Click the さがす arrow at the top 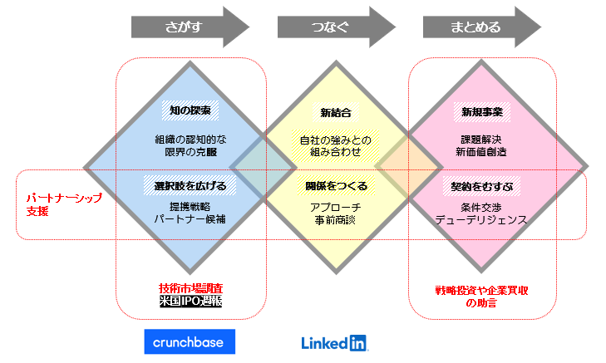pyautogui.click(x=190, y=27)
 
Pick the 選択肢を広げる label pyautogui.click(x=190, y=184)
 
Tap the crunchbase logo pyautogui.click(x=190, y=341)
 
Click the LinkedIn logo pyautogui.click(x=334, y=341)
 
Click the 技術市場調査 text pyautogui.click(x=190, y=288)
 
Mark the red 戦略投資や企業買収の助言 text pyautogui.click(x=482, y=297)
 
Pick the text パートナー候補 pyautogui.click(x=190, y=219)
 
